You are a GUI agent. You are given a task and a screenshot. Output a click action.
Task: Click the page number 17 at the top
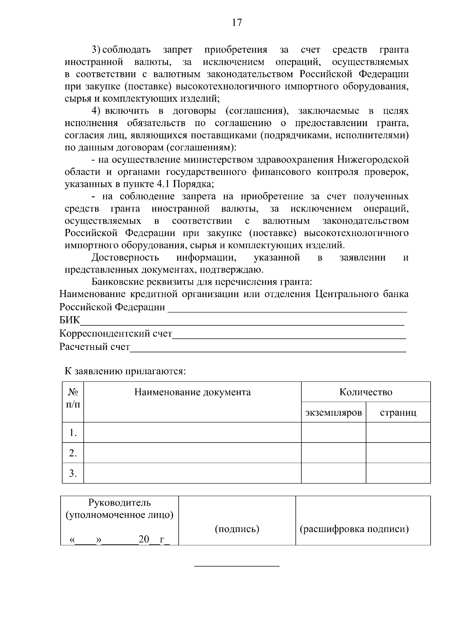(237, 23)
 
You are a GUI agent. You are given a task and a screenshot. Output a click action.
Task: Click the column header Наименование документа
(192, 392)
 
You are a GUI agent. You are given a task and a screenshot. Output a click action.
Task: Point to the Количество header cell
(365, 392)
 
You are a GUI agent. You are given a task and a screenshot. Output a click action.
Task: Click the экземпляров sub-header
(333, 413)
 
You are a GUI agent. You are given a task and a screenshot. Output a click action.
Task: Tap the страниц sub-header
(398, 413)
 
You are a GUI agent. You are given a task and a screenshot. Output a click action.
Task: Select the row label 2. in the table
(73, 453)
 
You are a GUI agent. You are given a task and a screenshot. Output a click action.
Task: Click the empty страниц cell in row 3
(398, 473)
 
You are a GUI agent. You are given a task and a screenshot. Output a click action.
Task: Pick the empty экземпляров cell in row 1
(333, 433)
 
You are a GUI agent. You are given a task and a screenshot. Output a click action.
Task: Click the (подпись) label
(237, 529)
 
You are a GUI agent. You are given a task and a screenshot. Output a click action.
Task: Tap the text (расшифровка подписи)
(354, 529)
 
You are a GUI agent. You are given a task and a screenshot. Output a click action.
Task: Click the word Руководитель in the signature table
(119, 503)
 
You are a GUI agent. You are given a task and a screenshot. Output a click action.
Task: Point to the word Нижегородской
(373, 160)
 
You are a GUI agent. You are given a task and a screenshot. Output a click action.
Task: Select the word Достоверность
(125, 258)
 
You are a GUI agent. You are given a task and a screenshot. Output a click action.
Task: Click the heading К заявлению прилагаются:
(125, 371)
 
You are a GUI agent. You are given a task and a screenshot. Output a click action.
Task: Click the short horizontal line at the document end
(237, 566)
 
